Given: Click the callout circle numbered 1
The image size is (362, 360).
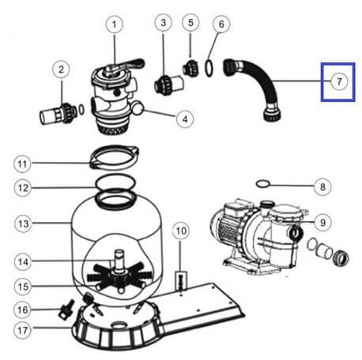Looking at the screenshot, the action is (115, 24).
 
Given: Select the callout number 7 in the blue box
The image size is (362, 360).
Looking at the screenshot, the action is (339, 81).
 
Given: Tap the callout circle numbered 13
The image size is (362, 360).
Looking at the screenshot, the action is (23, 223).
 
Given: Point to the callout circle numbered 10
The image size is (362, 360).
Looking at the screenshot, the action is (181, 231).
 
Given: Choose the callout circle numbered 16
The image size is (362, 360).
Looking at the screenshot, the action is (22, 309).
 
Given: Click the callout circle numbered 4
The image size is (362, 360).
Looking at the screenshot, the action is (185, 119).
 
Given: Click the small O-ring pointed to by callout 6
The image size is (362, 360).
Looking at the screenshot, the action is (209, 68).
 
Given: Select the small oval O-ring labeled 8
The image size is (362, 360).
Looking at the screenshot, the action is (263, 184).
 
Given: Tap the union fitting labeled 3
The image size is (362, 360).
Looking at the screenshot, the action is (168, 84).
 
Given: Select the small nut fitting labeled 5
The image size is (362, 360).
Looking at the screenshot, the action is (190, 68).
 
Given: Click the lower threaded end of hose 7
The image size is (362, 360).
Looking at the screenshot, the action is (272, 114).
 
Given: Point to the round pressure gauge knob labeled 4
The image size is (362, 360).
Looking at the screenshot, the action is (138, 108).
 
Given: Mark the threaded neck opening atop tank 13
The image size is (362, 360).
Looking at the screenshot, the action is (115, 199).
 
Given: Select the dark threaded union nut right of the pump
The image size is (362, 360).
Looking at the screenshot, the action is (341, 257).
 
